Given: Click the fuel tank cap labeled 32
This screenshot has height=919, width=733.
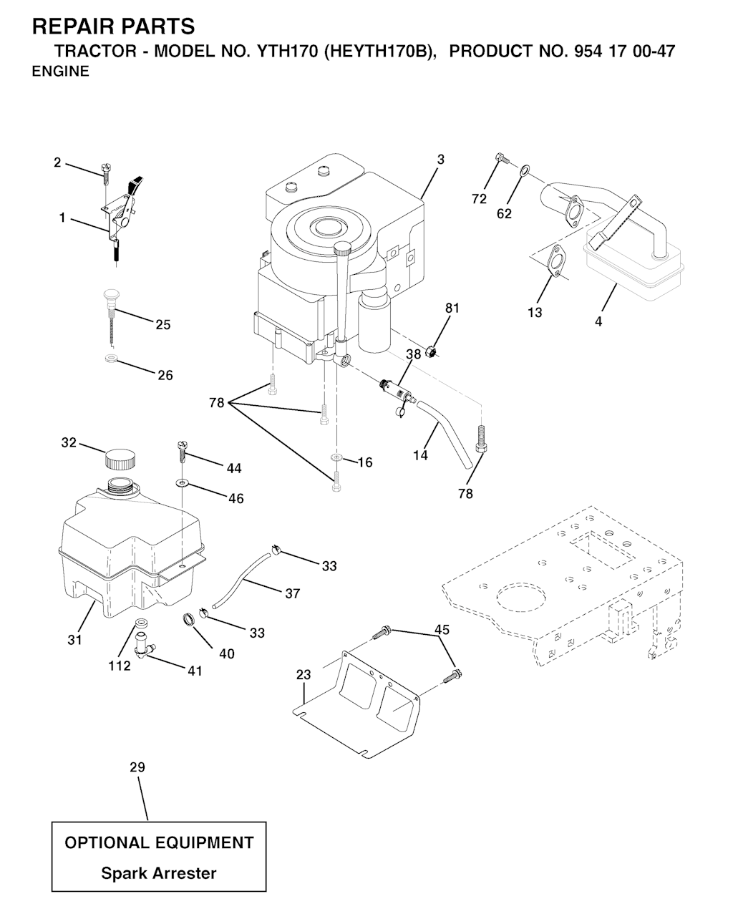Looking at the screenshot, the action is point(120,459).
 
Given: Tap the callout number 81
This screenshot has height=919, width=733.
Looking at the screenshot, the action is point(452,308).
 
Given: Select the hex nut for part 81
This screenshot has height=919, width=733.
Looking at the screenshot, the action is point(431,353).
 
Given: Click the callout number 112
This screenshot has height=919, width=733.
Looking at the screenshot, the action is point(119,666).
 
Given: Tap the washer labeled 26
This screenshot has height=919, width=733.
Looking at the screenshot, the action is point(112,358).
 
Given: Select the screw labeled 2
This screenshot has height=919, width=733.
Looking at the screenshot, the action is point(105,173).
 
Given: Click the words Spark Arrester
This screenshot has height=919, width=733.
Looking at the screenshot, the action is point(158,873).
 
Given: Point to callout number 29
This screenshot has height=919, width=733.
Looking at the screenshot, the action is point(137,767).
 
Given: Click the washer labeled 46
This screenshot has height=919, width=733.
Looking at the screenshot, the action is point(182,483).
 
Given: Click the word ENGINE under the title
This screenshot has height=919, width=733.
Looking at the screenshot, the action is point(61,71).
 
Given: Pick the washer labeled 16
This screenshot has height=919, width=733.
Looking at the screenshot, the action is point(336,458).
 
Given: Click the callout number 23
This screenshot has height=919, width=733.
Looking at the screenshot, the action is point(304,675).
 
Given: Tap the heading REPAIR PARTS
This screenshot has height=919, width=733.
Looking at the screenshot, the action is point(113,26).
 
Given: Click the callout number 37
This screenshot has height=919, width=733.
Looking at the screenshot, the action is point(292,593).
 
